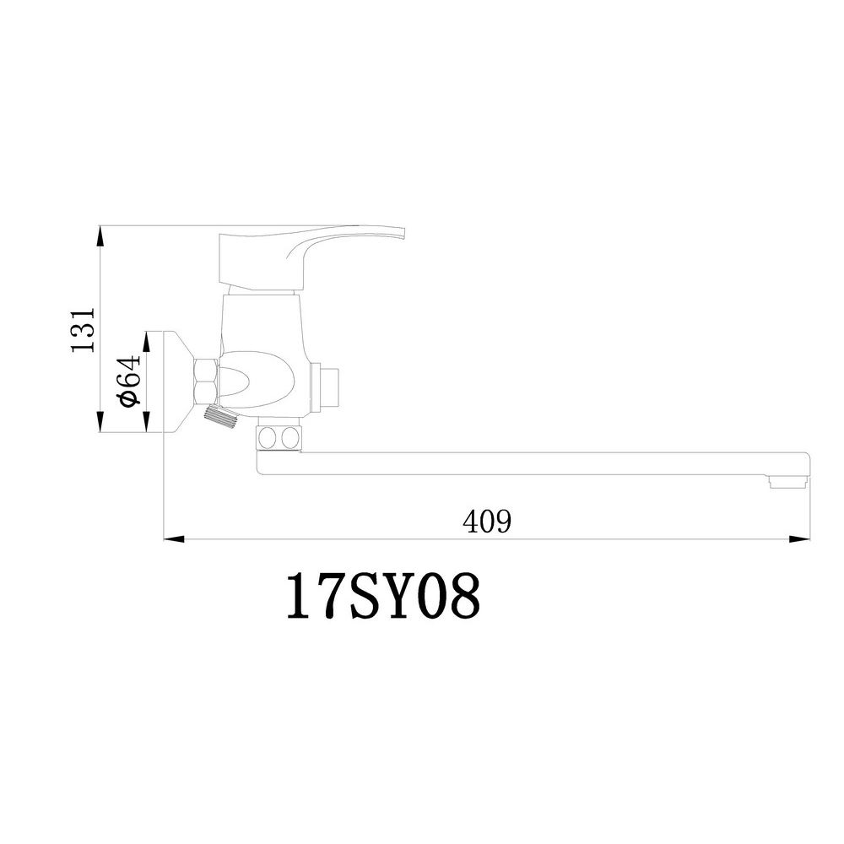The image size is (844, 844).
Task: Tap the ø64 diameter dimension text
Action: point(128,381)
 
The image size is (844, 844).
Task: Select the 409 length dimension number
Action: point(487,522)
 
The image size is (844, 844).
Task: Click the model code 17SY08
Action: point(383,597)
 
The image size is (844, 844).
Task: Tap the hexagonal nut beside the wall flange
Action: point(206,380)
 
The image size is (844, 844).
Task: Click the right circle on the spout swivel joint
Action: point(289,438)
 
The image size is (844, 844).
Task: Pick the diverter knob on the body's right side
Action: point(329,387)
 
